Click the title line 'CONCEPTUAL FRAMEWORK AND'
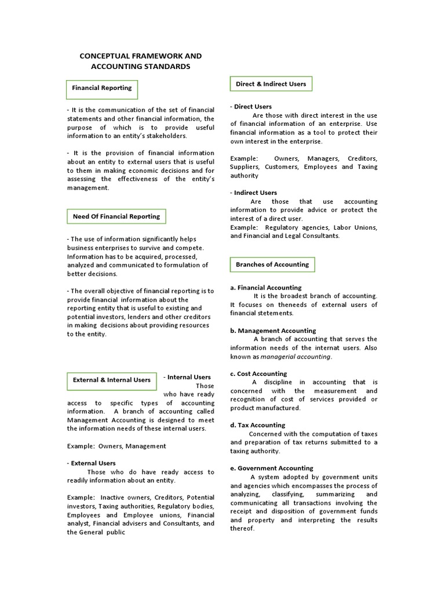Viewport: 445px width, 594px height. [140, 56]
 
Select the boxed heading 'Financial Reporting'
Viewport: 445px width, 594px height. [101, 88]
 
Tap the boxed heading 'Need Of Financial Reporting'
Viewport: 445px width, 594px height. [116, 216]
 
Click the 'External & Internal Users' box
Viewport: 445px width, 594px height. [111, 381]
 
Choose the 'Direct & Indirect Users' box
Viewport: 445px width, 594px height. [271, 84]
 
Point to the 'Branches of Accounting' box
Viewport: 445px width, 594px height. [272, 265]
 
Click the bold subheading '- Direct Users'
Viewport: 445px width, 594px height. [251, 107]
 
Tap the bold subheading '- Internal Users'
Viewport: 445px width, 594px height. [187, 377]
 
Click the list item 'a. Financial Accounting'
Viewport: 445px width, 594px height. [265, 287]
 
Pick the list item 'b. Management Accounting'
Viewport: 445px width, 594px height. [273, 331]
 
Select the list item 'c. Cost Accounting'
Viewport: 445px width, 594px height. [258, 374]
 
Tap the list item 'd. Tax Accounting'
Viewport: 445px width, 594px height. [257, 425]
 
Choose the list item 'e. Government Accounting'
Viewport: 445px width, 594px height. [271, 468]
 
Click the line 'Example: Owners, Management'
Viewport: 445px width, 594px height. [116, 446]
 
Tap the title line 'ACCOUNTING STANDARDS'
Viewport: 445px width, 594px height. [140, 67]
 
